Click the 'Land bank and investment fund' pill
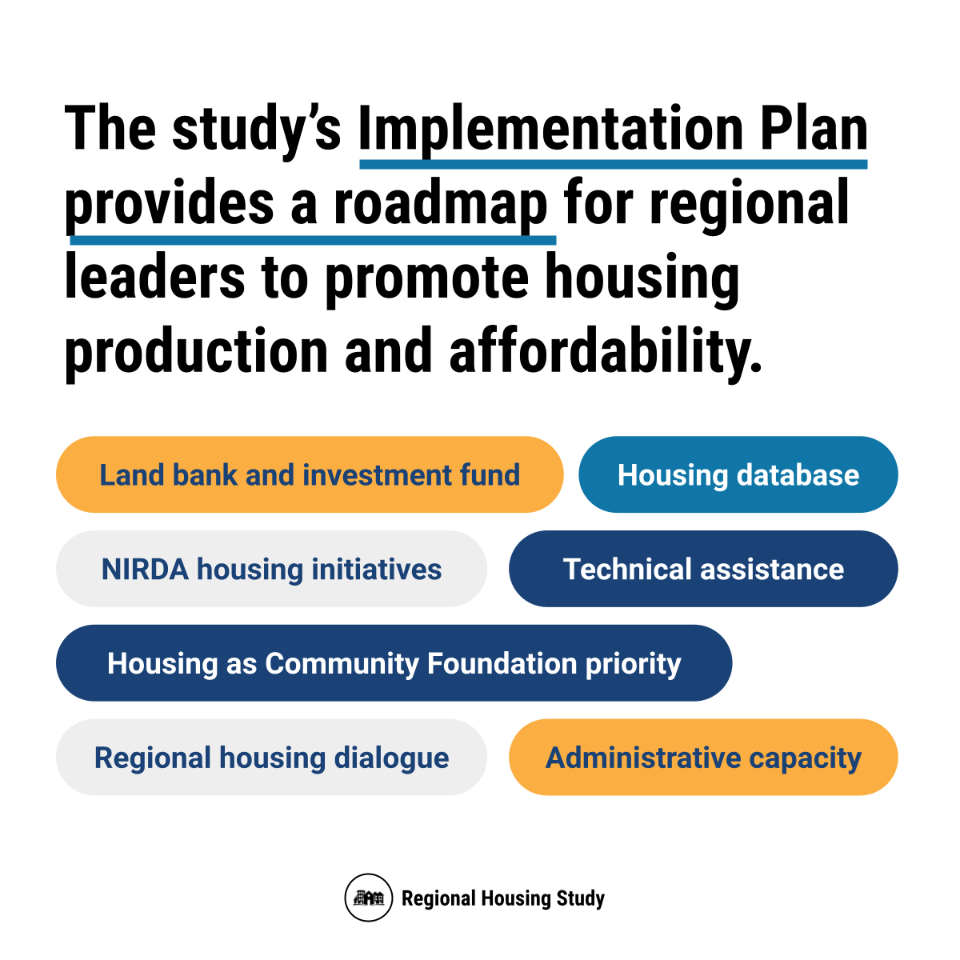coord(310,474)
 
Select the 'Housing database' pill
coord(738,474)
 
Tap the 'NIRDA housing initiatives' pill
coord(271,569)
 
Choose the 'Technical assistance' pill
coord(703,569)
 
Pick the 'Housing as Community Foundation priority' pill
coord(394,663)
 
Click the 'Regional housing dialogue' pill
coord(271,758)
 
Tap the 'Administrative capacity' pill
coord(703,758)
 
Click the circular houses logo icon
coord(369,898)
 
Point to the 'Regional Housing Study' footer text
coord(502,898)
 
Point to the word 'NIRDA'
coord(145,569)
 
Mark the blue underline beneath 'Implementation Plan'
coord(614,165)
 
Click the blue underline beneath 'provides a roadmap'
coord(313,240)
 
